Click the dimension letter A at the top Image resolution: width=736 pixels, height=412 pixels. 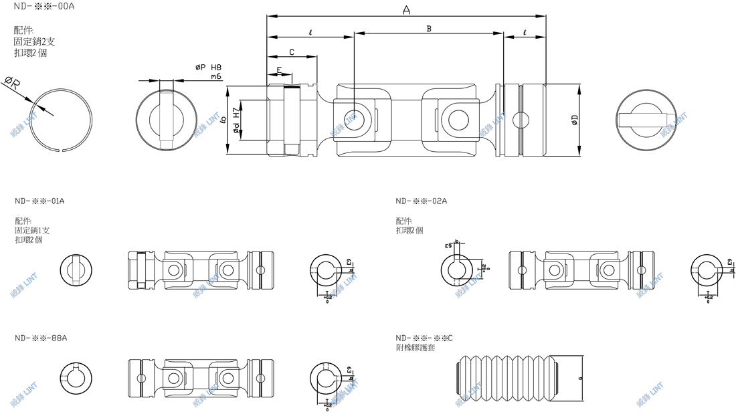[406, 9]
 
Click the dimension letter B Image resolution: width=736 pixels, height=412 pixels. [429, 28]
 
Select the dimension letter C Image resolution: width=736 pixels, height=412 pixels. [292, 52]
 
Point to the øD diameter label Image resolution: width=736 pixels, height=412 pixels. [575, 120]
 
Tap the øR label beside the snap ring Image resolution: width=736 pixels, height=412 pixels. [13, 84]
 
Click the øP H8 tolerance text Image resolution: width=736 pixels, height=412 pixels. [208, 68]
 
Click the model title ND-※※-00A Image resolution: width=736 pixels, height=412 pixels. [43, 5]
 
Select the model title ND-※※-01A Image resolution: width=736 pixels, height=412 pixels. [39, 201]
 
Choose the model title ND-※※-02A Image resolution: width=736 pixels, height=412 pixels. [421, 201]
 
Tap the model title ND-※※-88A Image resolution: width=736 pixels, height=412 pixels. [40, 338]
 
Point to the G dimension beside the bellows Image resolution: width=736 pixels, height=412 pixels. [579, 379]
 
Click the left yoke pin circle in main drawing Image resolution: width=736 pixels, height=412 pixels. [351, 119]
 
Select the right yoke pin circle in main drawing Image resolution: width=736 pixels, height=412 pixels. [459, 120]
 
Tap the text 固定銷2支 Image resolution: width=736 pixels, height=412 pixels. [34, 41]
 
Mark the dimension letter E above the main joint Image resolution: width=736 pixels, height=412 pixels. [279, 70]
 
